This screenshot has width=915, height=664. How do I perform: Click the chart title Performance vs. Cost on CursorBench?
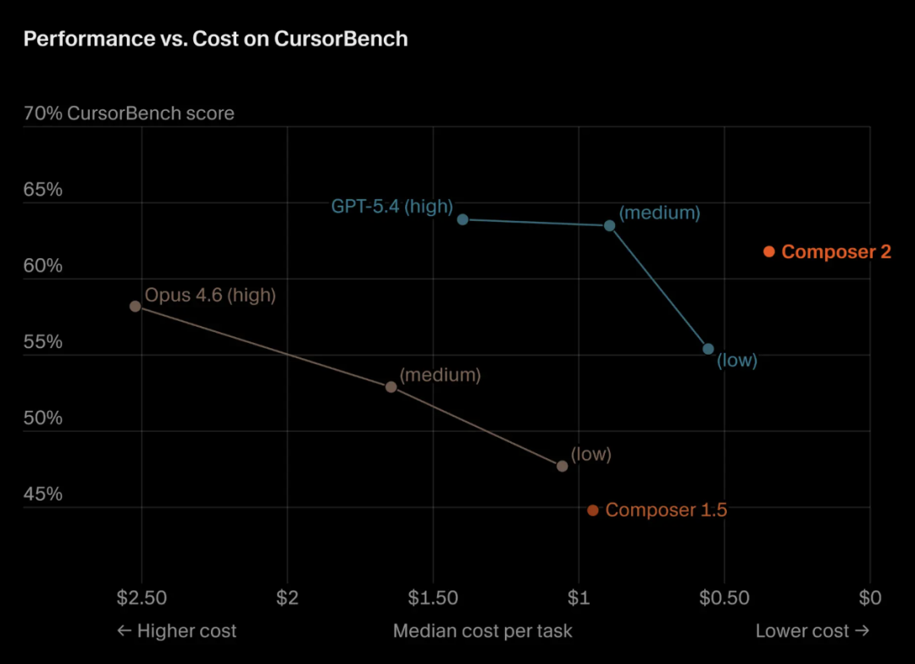[215, 39]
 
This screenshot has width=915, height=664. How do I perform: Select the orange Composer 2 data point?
[768, 252]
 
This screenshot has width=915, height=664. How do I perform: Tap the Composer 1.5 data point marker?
[593, 510]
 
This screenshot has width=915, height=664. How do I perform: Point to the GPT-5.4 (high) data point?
[463, 219]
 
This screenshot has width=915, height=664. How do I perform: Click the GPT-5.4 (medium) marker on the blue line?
[609, 225]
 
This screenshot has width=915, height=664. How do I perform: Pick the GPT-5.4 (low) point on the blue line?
[708, 349]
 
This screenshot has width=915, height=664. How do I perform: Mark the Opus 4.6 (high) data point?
[136, 306]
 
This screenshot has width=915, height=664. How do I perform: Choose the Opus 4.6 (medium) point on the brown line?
[391, 387]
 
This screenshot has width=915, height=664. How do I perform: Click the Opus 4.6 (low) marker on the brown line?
[563, 466]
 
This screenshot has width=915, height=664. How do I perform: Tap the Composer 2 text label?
[836, 252]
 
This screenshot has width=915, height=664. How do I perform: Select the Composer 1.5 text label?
[666, 510]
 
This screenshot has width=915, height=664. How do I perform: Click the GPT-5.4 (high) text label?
[392, 206]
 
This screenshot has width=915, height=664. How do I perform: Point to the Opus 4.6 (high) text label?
[210, 296]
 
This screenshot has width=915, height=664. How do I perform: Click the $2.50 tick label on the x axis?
[141, 598]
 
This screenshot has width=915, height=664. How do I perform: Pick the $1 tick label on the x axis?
[579, 598]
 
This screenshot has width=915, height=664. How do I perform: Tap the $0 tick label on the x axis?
[870, 598]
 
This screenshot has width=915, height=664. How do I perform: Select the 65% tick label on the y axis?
[43, 190]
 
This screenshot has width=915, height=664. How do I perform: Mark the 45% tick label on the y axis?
[43, 494]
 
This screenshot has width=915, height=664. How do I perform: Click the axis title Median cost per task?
[483, 631]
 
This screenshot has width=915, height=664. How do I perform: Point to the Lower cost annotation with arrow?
[812, 631]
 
